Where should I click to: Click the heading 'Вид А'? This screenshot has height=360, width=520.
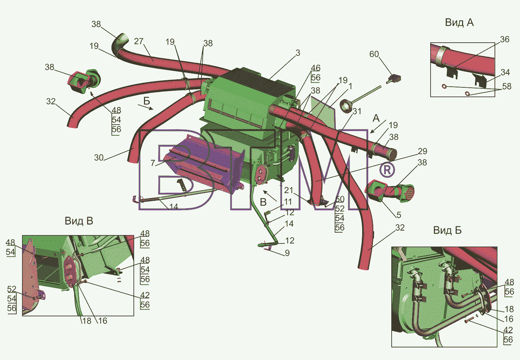459,22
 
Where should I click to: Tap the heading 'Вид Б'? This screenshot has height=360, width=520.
448,230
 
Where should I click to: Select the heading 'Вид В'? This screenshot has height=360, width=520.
79,221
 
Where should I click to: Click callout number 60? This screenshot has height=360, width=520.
374,54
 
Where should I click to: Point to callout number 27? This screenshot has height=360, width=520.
139,41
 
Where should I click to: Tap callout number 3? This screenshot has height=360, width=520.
298,53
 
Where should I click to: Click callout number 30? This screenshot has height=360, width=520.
99,157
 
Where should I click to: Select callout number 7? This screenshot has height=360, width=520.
152,163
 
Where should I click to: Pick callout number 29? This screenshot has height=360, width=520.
422,151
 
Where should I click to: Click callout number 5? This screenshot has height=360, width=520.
399,215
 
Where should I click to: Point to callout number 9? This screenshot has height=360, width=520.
287,253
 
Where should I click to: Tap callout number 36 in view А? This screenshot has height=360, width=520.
505,39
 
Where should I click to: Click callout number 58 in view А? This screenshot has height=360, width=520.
507,86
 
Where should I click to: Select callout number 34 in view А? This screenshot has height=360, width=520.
505,72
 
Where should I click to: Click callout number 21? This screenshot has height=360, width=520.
289,190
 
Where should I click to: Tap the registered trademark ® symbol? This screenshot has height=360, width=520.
387,170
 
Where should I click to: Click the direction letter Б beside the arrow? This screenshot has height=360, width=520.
147,101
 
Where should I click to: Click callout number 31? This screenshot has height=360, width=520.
357,111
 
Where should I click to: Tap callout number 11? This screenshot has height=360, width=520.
288,202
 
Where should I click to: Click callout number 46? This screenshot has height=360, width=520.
315,68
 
